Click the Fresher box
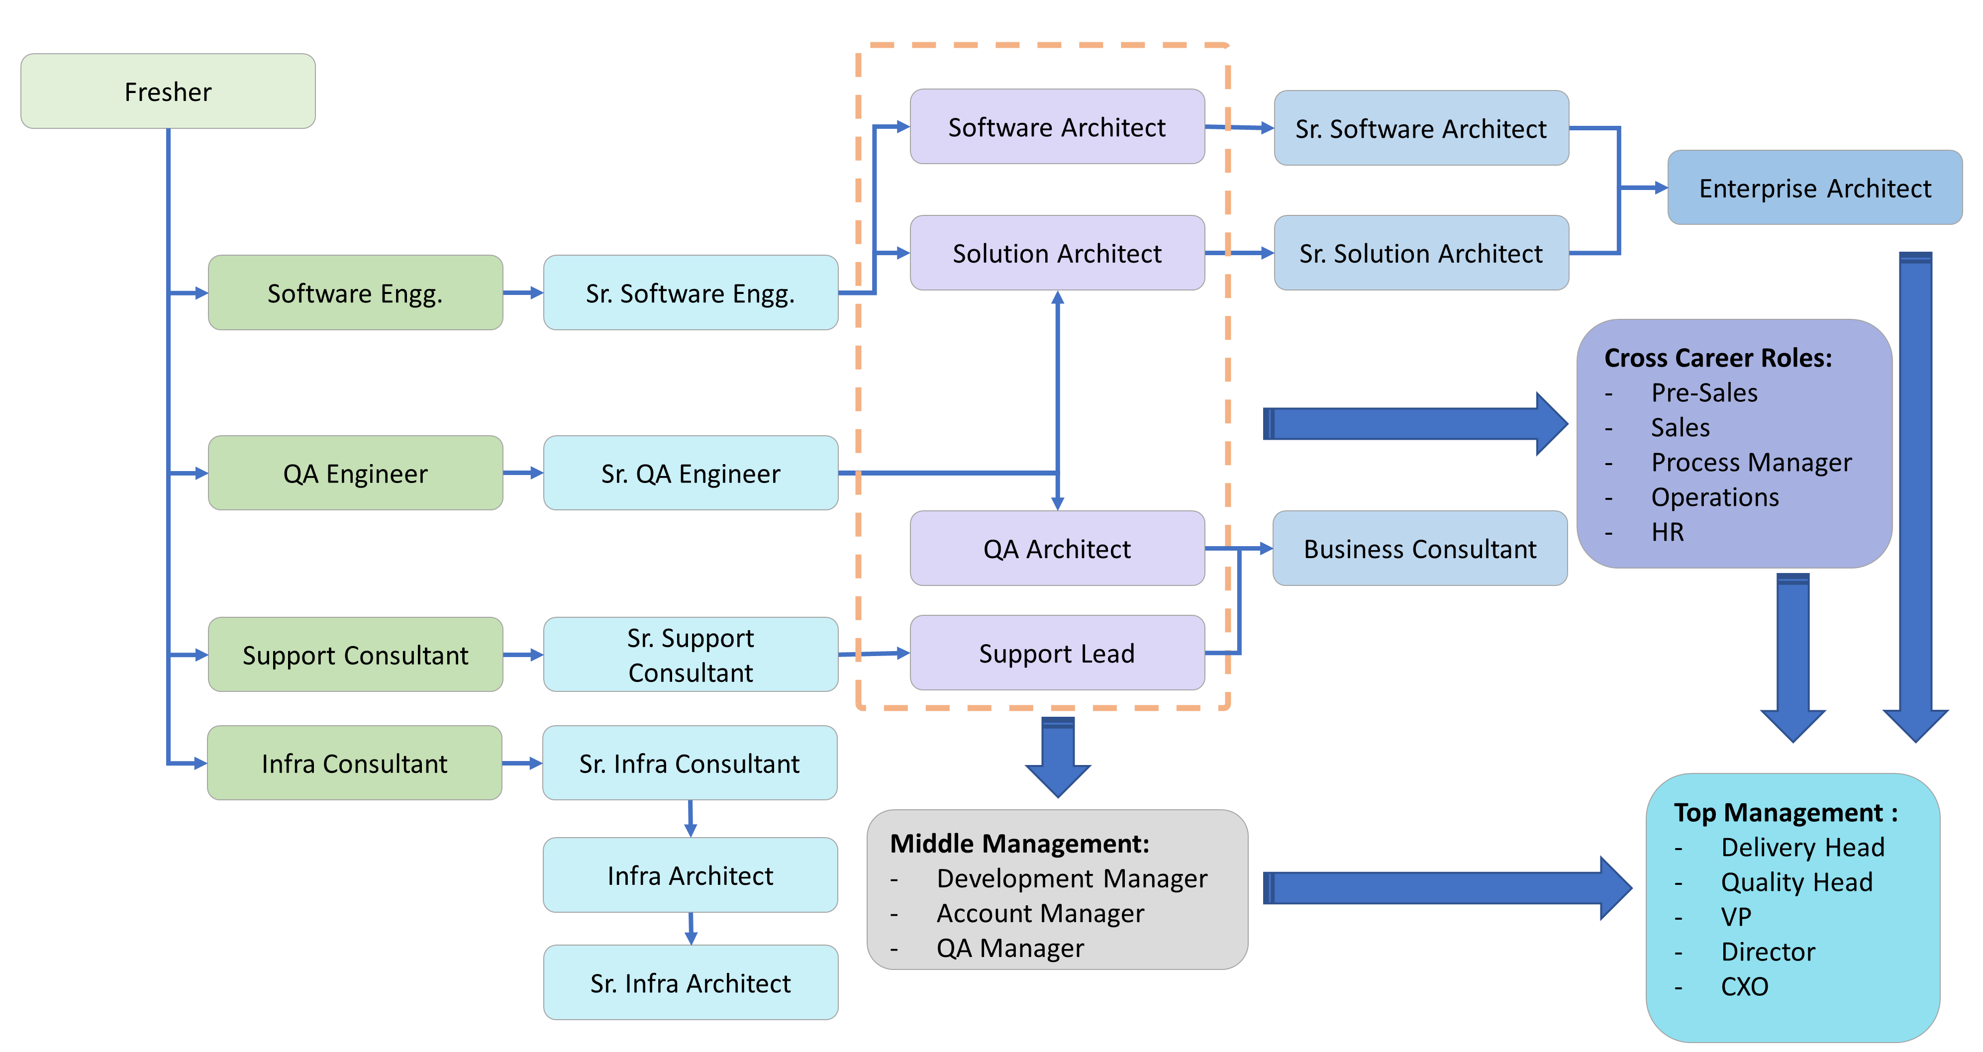[168, 92]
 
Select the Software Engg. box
[355, 293]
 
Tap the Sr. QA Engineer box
[691, 474]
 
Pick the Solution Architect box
[1057, 253]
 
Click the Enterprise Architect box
[1814, 188]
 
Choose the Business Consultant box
[1419, 549]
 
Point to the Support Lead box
[1057, 654]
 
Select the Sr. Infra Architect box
[691, 983]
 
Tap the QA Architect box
[1057, 549]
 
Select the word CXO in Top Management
[1744, 986]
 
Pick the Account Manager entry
[1040, 914]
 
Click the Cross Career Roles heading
[1717, 358]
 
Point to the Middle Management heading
[1019, 844]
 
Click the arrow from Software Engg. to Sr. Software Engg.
[523, 293]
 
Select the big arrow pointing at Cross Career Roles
[1409, 424]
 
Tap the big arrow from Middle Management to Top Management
[1440, 888]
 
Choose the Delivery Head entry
[1802, 847]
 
